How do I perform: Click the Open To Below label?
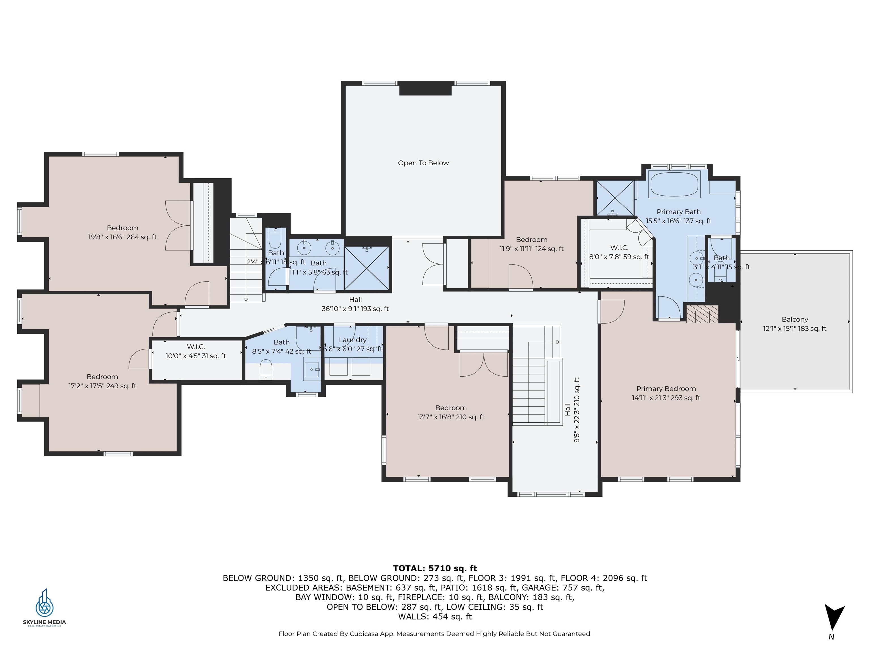423,163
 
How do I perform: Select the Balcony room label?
794,319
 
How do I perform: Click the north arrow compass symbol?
833,617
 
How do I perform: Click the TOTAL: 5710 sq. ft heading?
435,568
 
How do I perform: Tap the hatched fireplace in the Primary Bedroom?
702,314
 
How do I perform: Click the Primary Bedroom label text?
666,389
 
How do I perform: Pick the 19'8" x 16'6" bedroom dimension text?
122,237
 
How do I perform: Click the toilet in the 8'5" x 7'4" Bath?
266,369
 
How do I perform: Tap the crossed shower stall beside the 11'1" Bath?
366,269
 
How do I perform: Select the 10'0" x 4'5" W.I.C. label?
195,351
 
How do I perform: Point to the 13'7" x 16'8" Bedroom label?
451,412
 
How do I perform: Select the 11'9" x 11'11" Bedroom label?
531,244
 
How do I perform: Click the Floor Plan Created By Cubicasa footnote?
435,634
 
